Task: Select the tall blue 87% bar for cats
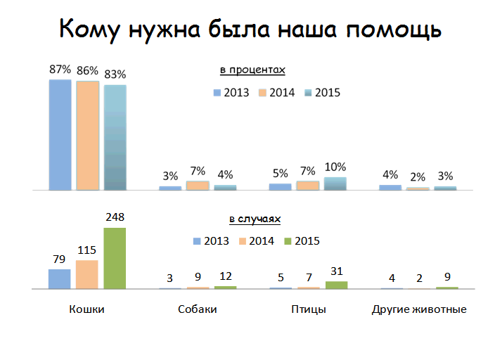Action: click(60, 134)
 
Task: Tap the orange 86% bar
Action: click(87, 135)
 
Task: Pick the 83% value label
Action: click(115, 74)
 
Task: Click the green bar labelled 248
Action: click(115, 258)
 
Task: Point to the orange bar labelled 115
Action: click(87, 274)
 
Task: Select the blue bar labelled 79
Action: click(60, 278)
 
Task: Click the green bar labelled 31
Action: click(336, 285)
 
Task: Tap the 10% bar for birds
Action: click(335, 184)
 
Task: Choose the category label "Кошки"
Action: click(87, 309)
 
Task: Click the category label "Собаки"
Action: click(197, 309)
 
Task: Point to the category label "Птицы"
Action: click(308, 309)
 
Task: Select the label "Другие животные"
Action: click(418, 309)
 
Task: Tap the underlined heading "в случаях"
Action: click(254, 219)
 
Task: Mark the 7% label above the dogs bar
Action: click(198, 171)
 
